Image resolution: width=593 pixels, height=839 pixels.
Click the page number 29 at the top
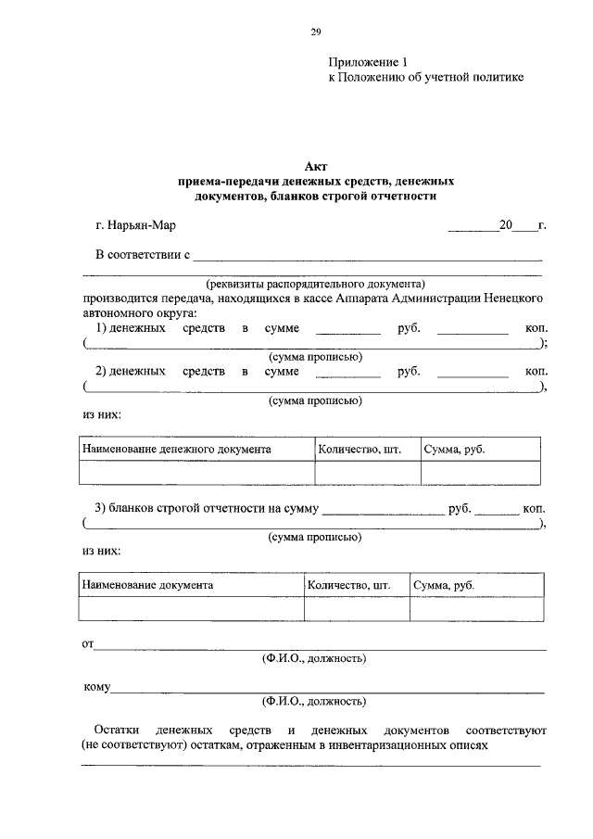coord(315,32)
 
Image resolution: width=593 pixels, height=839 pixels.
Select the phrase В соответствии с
coord(143,253)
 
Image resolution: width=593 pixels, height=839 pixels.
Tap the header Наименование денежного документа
coord(176,449)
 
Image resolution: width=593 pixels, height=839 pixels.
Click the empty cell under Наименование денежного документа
coord(196,473)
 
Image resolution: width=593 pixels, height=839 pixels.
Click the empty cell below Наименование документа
coord(191,609)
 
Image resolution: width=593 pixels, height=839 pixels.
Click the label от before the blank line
coord(88,643)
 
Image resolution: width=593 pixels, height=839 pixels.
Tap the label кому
coord(96,687)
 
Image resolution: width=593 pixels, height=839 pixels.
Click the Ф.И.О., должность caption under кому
coord(314,701)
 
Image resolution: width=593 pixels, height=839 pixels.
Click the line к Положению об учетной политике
coord(426,78)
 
